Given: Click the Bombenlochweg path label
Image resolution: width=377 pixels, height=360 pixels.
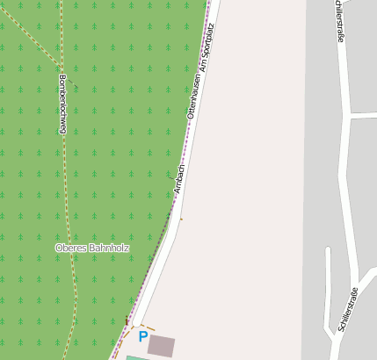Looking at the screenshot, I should (x=62, y=104).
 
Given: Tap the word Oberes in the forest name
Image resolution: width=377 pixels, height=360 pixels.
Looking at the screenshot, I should (x=69, y=248).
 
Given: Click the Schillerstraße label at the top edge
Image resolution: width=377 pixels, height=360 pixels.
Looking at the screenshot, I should (x=339, y=21).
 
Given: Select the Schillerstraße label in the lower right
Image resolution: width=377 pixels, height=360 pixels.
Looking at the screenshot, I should (x=345, y=310).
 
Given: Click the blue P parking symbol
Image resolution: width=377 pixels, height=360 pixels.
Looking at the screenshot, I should (x=142, y=336).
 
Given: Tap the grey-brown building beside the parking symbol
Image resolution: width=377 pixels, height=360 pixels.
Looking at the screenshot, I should (x=161, y=345).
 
